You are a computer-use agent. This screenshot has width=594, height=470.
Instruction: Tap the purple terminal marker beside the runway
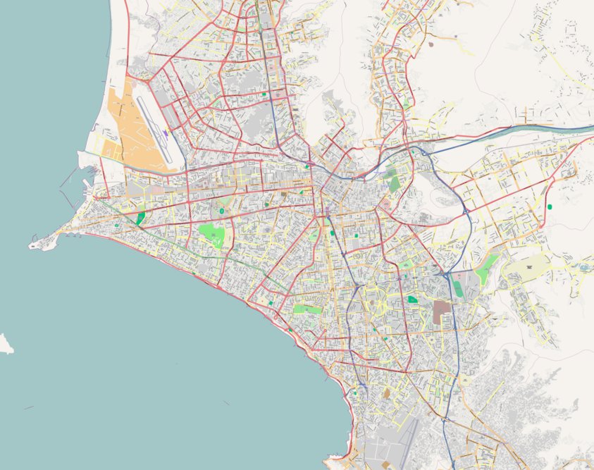(165, 132)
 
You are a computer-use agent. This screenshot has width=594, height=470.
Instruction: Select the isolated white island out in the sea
(5, 343)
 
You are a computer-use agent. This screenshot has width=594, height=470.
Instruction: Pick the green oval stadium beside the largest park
(221, 210)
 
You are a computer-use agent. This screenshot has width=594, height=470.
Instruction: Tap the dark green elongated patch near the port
(140, 218)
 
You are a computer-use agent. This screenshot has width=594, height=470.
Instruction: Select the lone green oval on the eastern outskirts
(549, 206)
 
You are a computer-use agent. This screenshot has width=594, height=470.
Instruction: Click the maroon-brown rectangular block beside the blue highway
(442, 311)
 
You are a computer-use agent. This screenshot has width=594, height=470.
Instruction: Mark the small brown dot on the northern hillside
(431, 44)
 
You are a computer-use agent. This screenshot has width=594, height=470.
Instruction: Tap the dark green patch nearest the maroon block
(412, 299)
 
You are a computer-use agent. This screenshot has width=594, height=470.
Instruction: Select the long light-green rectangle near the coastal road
(307, 309)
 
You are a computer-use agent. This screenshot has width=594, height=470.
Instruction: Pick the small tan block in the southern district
(385, 392)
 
